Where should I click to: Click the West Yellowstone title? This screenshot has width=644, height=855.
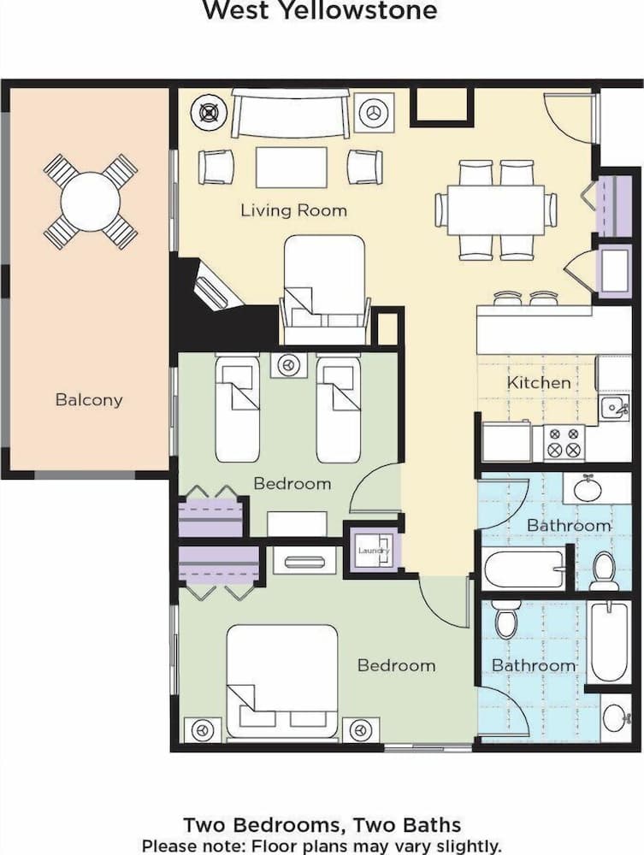320,10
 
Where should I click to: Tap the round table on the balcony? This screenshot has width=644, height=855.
91,202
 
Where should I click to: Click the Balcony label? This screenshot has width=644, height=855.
89,399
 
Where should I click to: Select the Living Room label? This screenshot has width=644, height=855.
293,209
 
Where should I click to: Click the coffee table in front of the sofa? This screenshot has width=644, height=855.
291,167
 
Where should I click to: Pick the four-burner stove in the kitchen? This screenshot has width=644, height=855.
564,443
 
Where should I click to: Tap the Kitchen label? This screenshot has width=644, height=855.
539,382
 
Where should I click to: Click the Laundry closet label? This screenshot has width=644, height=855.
373,551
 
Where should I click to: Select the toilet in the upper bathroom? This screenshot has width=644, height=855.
604,570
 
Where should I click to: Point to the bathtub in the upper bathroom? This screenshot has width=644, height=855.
523,569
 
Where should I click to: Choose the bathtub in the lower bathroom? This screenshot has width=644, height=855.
609,641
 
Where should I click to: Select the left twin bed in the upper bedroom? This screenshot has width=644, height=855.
237,408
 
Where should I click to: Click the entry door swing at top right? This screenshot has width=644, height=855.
568,118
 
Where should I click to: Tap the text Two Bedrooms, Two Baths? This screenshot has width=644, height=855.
322,825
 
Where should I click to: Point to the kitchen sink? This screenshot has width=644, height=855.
613,408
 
